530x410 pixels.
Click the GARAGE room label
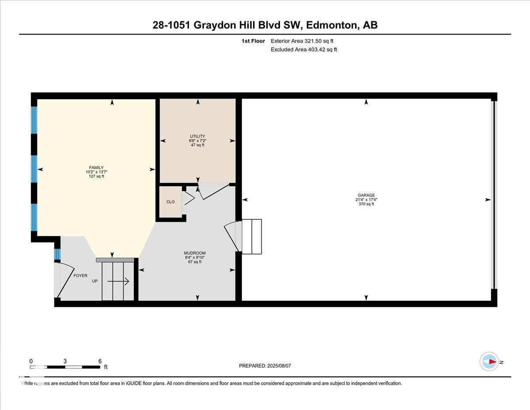(x=366, y=195)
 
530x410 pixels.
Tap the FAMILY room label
(x=96, y=168)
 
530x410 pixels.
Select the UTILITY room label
(x=197, y=136)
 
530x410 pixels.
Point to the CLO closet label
(x=170, y=202)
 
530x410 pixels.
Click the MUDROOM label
(x=195, y=253)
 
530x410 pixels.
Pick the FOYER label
(x=80, y=276)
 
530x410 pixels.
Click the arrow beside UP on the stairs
(x=118, y=281)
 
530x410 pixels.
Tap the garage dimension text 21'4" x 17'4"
(x=366, y=199)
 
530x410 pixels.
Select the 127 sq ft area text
(x=96, y=176)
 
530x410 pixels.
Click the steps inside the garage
(x=252, y=236)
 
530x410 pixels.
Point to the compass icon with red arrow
(x=489, y=361)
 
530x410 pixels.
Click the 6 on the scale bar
(x=100, y=361)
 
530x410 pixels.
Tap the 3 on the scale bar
(x=65, y=361)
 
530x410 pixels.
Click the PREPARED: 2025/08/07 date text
(x=265, y=366)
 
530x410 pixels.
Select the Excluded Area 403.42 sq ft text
(x=304, y=50)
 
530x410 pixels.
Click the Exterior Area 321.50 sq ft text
(x=302, y=41)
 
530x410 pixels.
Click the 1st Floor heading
(x=253, y=41)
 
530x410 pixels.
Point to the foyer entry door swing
(x=64, y=280)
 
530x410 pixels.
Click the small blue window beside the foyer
(x=57, y=254)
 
